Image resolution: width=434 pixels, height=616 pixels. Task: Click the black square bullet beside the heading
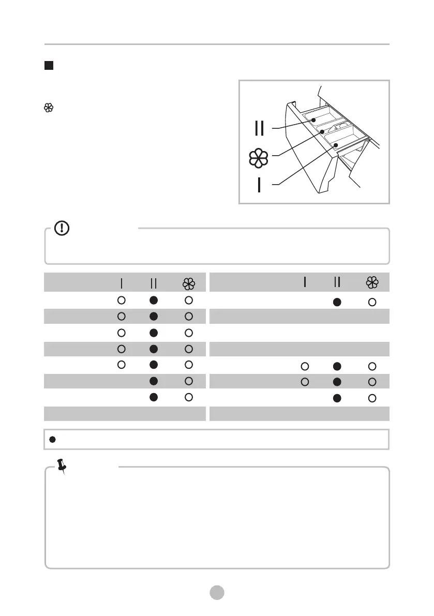coord(49,66)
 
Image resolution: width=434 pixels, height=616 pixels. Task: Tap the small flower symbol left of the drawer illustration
coord(49,108)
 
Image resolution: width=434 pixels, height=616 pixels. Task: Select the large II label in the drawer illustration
coord(260,128)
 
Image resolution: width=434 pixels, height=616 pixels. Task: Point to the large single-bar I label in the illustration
coord(259,185)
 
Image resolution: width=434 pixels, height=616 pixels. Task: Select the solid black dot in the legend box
coord(53,439)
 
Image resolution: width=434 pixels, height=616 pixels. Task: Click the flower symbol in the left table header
coord(188,283)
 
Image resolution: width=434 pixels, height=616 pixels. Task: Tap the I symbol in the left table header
coord(121,283)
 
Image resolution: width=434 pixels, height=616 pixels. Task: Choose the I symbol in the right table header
coord(305,282)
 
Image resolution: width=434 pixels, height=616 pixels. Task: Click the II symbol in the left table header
coord(153,283)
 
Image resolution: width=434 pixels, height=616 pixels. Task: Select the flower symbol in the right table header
coord(372,282)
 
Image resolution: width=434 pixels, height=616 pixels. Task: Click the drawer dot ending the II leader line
coord(313,120)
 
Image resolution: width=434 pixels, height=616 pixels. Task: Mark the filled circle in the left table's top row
coord(153,300)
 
